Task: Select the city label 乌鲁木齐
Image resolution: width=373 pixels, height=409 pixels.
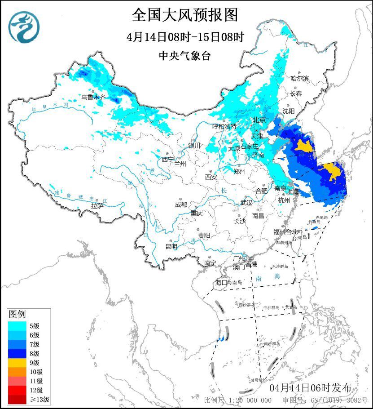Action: (93, 97)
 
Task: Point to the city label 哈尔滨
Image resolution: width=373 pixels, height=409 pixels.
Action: (299, 79)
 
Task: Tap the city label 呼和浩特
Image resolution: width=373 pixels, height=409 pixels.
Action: (224, 127)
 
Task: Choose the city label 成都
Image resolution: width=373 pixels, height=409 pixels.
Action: (181, 204)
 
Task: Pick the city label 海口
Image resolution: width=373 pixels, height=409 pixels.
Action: (221, 282)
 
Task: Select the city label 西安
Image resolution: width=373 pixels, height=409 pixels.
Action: (211, 177)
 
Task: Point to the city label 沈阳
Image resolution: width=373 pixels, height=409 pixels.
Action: (289, 111)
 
